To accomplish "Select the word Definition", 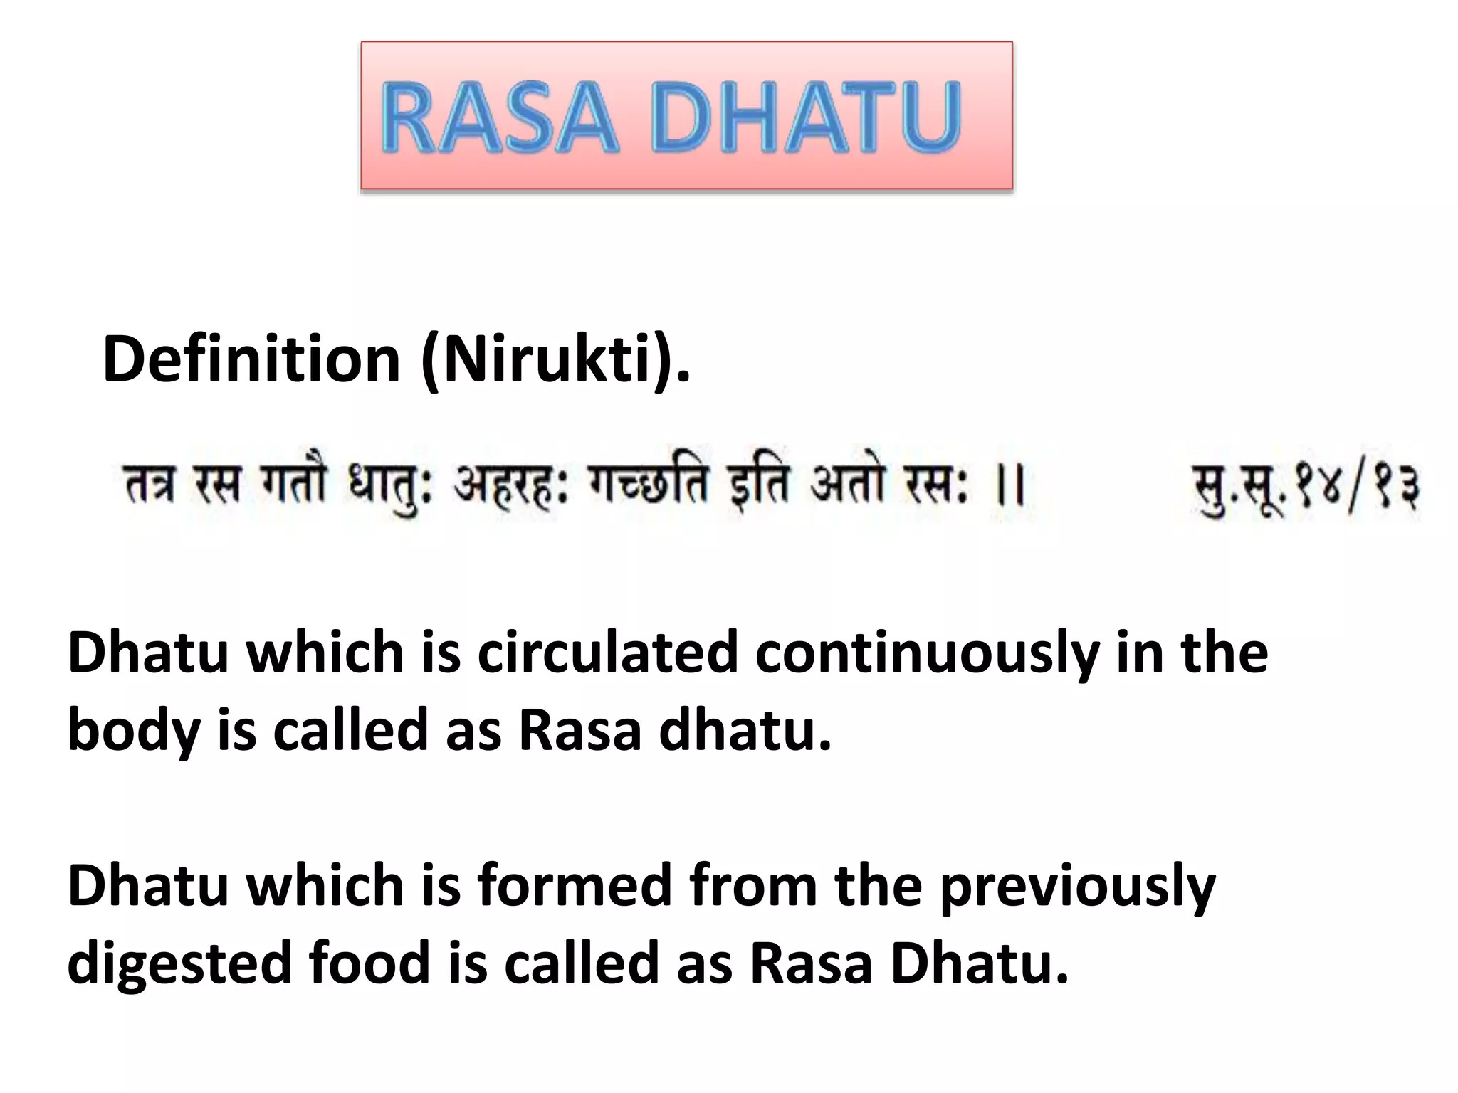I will (x=251, y=359).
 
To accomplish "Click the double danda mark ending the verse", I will (x=1010, y=487).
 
